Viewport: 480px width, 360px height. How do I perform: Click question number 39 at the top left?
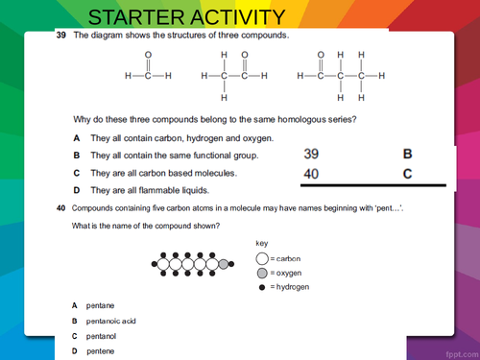click(61, 36)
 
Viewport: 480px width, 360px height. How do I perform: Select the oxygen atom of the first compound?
click(147, 55)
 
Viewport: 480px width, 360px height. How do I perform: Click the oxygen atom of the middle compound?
click(244, 55)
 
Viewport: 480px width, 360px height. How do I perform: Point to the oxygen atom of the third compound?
click(322, 55)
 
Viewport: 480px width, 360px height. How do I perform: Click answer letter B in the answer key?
click(407, 154)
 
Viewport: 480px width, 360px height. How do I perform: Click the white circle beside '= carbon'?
click(262, 258)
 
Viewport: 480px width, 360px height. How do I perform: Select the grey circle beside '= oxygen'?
click(262, 273)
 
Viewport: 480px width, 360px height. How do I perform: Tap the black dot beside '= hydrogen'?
click(262, 286)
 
